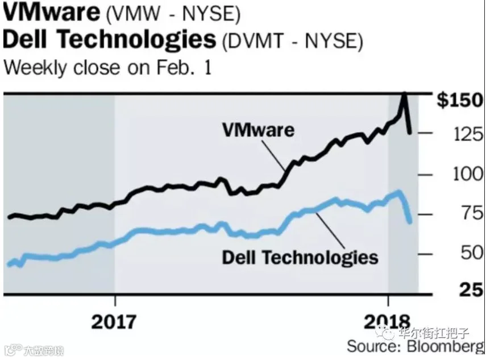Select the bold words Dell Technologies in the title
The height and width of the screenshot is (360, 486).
109,39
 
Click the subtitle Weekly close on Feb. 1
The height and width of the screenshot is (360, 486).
107,67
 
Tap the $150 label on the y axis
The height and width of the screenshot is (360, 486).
460,100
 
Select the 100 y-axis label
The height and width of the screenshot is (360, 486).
468,174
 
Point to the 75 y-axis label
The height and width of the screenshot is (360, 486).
472,214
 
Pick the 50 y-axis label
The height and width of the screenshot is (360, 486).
472,253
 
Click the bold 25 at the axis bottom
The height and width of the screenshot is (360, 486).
471,290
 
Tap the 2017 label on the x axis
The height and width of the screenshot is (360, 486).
114,321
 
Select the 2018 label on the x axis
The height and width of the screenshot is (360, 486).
387,321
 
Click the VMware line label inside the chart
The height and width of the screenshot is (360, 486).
258,130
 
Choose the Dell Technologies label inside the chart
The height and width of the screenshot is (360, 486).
300,258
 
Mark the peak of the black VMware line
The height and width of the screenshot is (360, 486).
404,93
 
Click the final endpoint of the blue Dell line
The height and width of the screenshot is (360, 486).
410,222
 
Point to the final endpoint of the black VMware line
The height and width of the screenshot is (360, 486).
410,133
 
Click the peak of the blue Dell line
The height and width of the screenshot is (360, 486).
398,192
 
